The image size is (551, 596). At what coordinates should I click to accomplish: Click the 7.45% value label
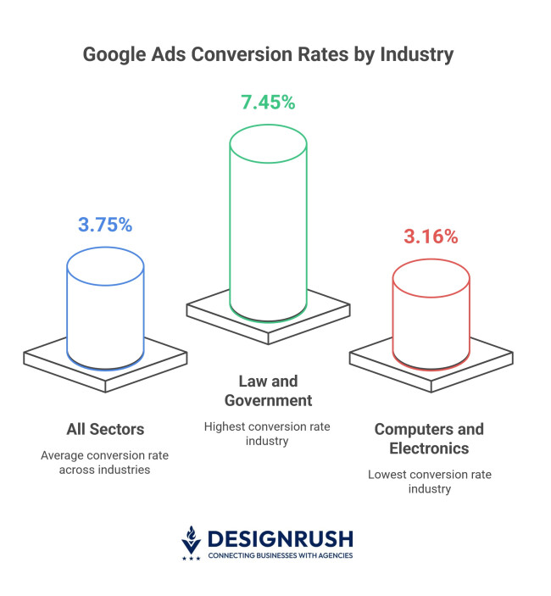[268, 103]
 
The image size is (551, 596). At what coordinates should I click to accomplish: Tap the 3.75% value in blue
[105, 225]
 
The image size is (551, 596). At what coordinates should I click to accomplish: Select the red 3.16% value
[431, 237]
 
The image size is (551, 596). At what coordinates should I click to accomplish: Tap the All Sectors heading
[105, 429]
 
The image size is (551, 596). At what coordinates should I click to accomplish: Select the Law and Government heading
[268, 391]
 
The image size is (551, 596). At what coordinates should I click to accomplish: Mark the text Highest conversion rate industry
[268, 433]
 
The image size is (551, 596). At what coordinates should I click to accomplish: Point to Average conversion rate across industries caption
[105, 462]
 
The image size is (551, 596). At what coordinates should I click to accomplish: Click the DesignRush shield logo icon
[192, 543]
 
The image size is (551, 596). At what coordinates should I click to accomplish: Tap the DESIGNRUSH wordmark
[281, 538]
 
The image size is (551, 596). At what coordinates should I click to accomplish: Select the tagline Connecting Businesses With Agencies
[281, 555]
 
